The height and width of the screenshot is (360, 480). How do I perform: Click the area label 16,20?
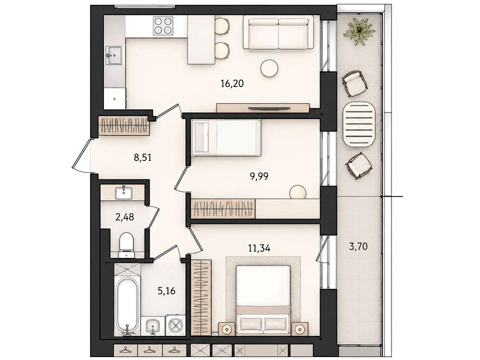tap(232, 83)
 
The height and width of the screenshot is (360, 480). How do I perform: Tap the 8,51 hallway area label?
tap(142, 158)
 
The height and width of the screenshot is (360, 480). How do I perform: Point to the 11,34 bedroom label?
tap(259, 248)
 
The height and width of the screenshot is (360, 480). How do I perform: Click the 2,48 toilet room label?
tap(124, 217)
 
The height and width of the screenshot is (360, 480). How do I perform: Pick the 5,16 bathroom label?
tap(166, 290)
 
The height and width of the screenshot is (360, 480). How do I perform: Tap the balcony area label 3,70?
tap(358, 246)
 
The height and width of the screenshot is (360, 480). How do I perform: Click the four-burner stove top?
tap(163, 25)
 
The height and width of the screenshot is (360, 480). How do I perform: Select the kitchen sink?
tap(114, 55)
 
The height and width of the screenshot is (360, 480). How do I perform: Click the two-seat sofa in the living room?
tap(278, 33)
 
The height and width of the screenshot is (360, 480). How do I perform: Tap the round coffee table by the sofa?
tap(269, 67)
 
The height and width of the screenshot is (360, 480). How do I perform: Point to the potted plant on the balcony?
tap(359, 31)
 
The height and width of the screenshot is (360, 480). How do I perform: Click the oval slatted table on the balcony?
tap(359, 125)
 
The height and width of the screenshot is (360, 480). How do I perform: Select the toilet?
tap(126, 244)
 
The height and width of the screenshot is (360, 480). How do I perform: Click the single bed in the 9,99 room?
tap(226, 137)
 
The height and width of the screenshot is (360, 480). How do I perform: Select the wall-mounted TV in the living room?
tap(269, 108)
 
